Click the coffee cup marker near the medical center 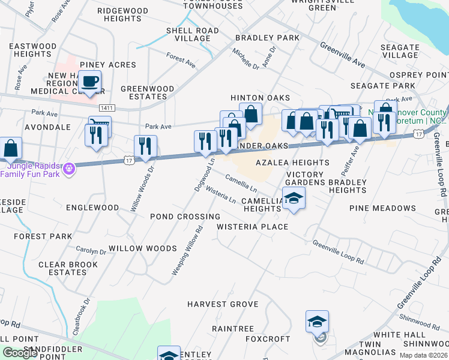pyautogui.click(x=89, y=82)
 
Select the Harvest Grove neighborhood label pyautogui.click(x=222, y=304)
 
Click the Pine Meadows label pyautogui.click(x=382, y=208)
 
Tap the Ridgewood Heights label pyautogui.click(x=122, y=15)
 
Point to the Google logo pyautogui.click(x=20, y=353)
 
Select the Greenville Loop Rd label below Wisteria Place pyautogui.click(x=338, y=253)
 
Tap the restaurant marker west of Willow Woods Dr pyautogui.click(x=96, y=135)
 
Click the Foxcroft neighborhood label pyautogui.click(x=268, y=338)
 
